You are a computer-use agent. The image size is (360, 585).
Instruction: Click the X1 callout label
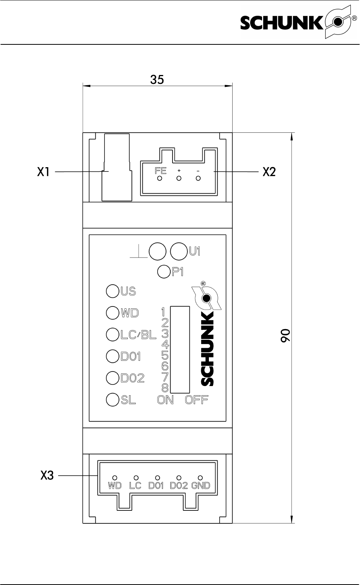coord(43,172)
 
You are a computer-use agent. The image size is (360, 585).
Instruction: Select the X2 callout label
coord(269,172)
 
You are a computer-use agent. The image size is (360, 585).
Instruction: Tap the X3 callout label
coord(47,476)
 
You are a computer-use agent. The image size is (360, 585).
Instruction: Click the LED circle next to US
coord(112,291)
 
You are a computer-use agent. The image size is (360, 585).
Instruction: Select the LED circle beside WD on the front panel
coord(112,313)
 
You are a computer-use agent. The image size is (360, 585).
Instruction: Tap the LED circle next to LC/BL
coord(112,334)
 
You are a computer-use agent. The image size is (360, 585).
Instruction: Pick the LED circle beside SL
coord(112,400)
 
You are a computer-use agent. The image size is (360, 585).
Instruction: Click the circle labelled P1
coord(164,272)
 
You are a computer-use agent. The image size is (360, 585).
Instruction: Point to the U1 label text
coord(194,251)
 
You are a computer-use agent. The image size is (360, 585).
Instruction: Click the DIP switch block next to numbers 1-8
coord(180,349)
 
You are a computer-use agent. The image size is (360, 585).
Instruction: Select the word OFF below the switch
coord(197,400)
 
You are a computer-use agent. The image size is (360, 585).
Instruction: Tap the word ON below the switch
coord(165,400)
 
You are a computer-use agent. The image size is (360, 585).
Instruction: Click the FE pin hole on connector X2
coord(160,178)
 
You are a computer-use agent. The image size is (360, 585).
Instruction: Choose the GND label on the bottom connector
coord(200,486)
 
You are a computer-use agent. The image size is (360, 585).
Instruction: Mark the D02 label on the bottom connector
coord(179,486)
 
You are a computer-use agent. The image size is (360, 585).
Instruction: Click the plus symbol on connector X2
coord(179,171)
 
